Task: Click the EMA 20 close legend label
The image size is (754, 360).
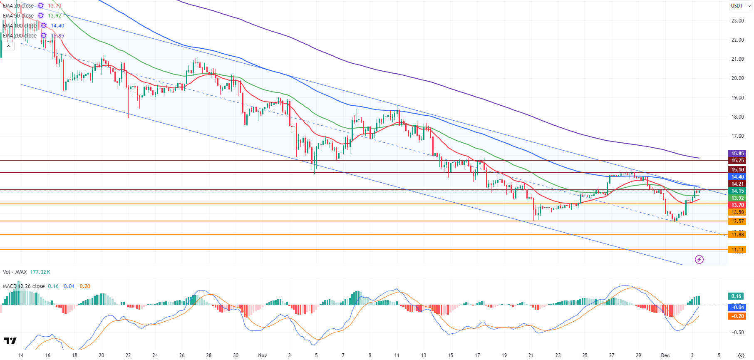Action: coord(18,6)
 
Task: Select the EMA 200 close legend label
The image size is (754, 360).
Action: coord(20,36)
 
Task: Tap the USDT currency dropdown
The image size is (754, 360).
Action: coord(741,6)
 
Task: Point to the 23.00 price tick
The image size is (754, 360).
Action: coord(737,21)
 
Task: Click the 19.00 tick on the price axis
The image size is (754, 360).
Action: coord(737,98)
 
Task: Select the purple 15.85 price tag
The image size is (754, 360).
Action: coord(737,154)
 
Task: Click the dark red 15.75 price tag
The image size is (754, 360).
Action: coord(737,161)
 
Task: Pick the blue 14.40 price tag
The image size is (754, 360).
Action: coord(737,177)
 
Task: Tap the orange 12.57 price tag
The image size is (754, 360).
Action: coord(737,221)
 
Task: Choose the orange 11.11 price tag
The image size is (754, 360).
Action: coord(737,250)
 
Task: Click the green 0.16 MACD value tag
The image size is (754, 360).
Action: coord(736,296)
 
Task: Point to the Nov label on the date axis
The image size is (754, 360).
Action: coord(262,355)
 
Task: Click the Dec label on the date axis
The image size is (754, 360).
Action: coord(665,355)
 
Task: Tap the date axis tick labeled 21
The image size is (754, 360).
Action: coord(531,355)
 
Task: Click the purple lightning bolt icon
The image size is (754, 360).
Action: coord(699,260)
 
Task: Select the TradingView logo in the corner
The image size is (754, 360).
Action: coord(10,341)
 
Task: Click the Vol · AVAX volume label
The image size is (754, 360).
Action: coord(15,272)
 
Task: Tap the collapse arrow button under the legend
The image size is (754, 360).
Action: coord(8,46)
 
